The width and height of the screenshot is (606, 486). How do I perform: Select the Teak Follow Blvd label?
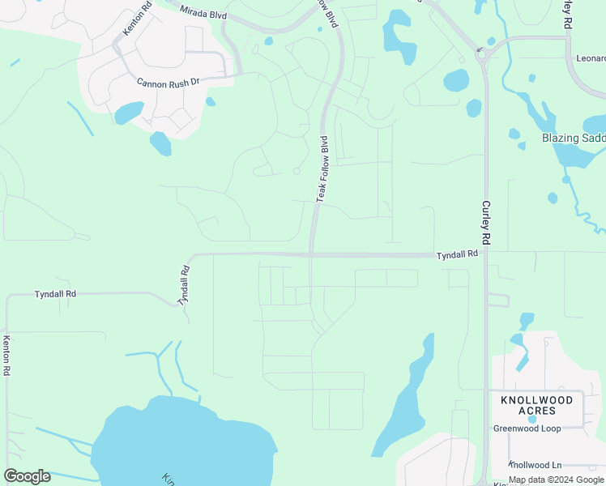click(322, 168)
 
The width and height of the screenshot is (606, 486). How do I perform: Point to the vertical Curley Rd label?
click(486, 223)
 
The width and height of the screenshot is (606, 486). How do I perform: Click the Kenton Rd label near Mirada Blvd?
click(135, 19)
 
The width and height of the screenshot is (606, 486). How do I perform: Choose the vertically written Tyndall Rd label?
click(184, 285)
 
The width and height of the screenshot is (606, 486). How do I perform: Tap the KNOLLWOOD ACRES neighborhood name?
click(536, 405)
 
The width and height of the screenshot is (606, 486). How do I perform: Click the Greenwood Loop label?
click(527, 428)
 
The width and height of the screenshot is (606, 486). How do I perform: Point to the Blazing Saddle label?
click(574, 139)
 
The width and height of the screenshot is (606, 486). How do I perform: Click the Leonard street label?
click(591, 59)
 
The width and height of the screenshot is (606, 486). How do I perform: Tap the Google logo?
click(27, 476)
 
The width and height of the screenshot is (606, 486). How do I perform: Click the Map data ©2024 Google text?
click(556, 480)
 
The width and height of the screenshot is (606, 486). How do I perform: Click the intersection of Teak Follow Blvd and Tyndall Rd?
click(311, 255)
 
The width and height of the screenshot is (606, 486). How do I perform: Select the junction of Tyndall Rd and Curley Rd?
click(486, 254)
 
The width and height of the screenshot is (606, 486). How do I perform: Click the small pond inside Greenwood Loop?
click(531, 419)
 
